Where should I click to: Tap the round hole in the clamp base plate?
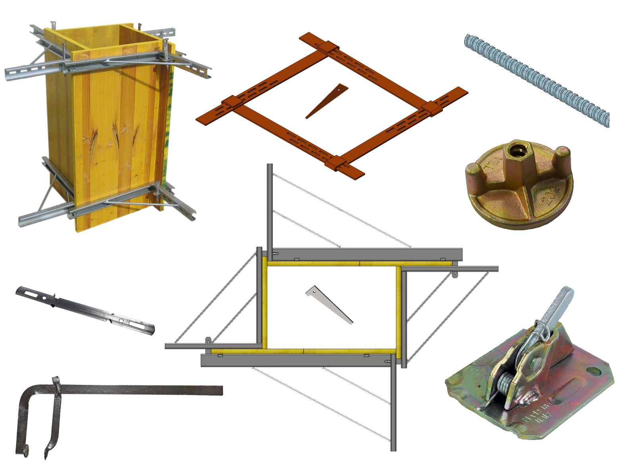coord(593,372)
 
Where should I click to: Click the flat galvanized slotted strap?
coord(85,310)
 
